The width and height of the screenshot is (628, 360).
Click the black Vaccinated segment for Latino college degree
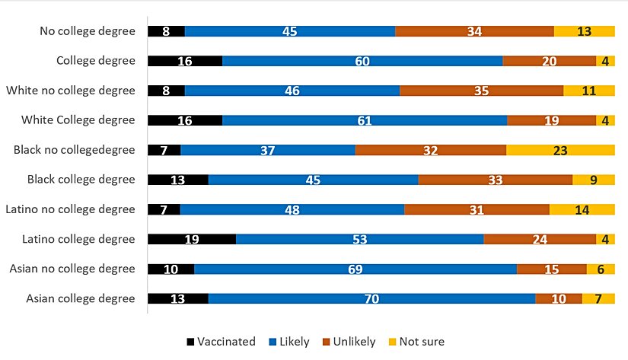pyautogui.click(x=192, y=239)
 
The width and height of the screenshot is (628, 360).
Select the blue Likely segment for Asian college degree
pyautogui.click(x=371, y=298)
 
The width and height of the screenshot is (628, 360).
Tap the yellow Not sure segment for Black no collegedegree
pyautogui.click(x=560, y=150)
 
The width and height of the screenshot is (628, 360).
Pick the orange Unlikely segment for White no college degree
pyautogui.click(x=481, y=91)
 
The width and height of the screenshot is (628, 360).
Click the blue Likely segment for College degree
pyautogui.click(x=362, y=61)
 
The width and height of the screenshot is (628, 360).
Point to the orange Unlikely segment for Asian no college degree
pyautogui.click(x=551, y=269)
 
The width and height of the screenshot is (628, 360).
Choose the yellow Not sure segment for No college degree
pyautogui.click(x=584, y=31)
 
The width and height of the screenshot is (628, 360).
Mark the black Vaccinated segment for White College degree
pyautogui.click(x=185, y=120)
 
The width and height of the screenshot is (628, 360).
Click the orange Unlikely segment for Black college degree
pyautogui.click(x=495, y=180)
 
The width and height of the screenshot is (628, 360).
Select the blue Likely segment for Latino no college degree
pyautogui.click(x=292, y=209)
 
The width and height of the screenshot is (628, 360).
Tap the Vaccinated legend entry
pyautogui.click(x=221, y=342)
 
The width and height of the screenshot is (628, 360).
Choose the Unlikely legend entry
pyautogui.click(x=349, y=342)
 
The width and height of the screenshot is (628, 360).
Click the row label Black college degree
pyautogui.click(x=81, y=180)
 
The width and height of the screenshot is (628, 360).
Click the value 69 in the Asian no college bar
pyautogui.click(x=355, y=269)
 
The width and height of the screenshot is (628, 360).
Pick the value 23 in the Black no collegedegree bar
pyautogui.click(x=560, y=151)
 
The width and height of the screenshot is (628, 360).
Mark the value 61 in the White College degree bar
pyautogui.click(x=364, y=120)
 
